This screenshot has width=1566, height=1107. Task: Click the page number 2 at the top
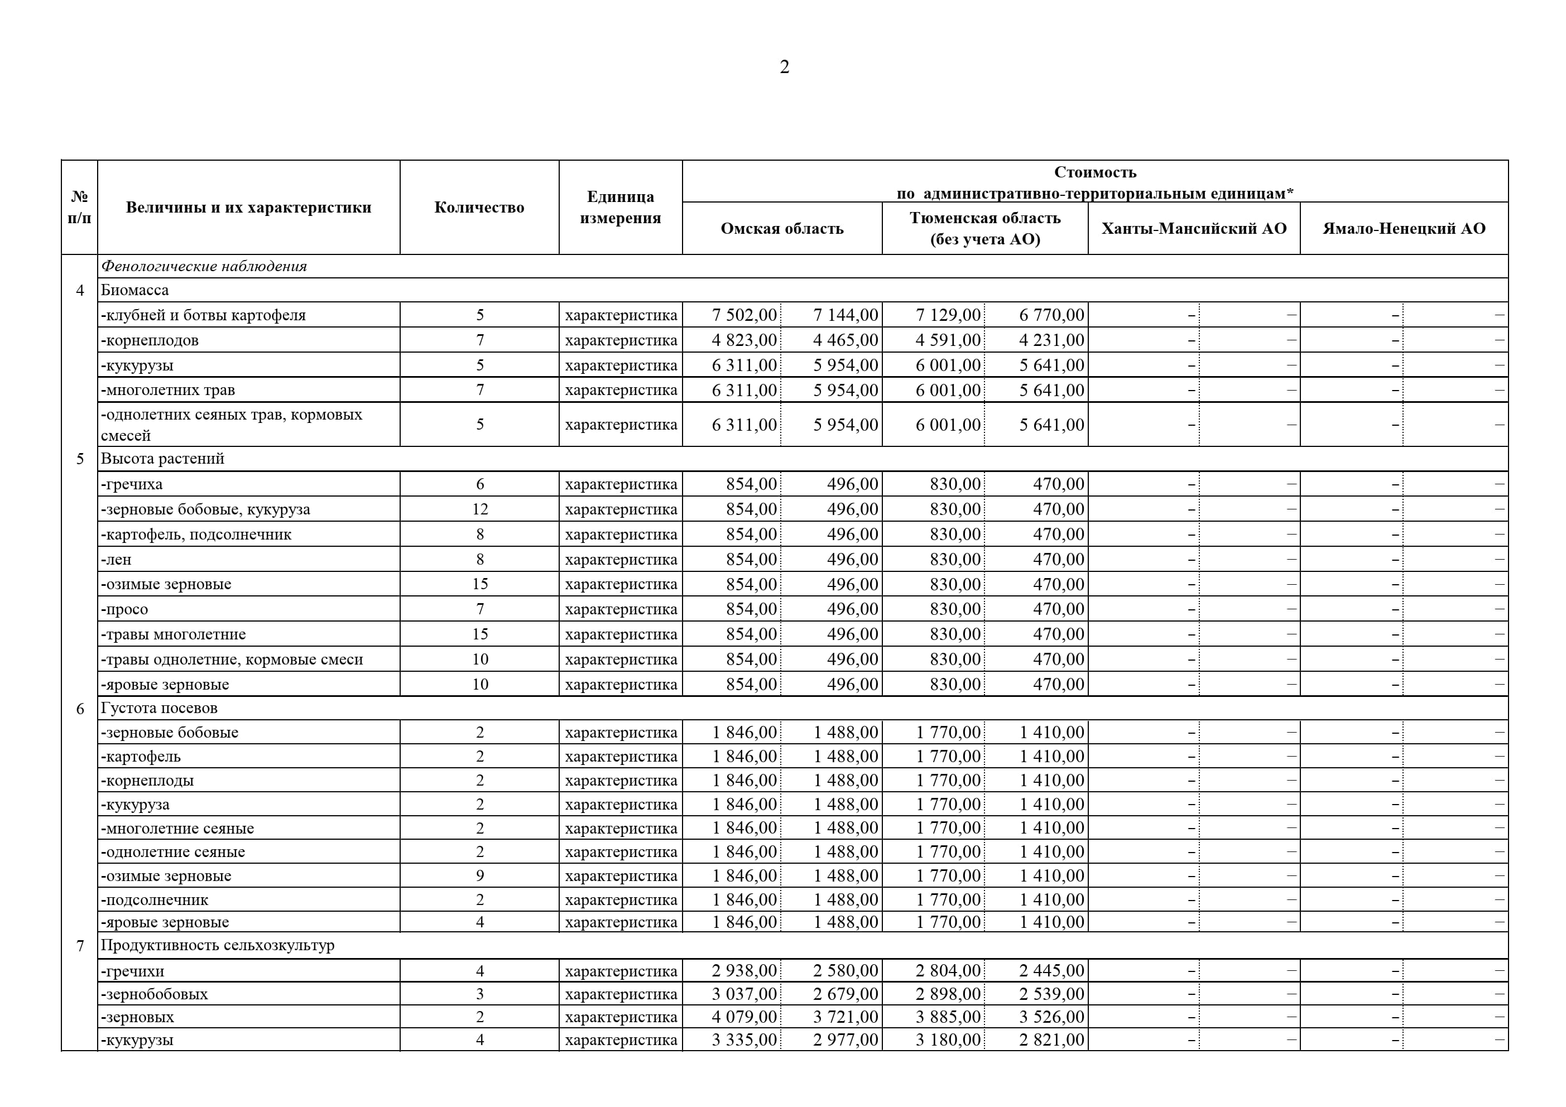(x=784, y=67)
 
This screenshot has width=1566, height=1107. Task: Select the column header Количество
(x=479, y=208)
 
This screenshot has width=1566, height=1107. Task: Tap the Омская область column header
(x=782, y=229)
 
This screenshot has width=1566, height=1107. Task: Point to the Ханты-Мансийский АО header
(x=1194, y=229)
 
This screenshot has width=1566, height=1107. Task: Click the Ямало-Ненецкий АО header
(x=1404, y=229)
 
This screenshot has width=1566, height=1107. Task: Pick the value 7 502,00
(x=744, y=315)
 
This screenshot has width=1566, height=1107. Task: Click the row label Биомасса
(x=134, y=290)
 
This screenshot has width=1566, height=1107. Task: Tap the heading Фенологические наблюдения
(x=203, y=266)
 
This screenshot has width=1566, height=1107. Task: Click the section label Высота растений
(x=162, y=458)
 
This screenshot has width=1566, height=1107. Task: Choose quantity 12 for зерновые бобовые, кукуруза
(x=479, y=509)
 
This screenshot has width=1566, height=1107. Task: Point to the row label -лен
(x=116, y=559)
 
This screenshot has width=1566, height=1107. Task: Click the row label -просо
(x=124, y=609)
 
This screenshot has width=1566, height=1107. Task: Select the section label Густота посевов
(x=159, y=708)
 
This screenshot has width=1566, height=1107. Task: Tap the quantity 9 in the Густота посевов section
(x=479, y=876)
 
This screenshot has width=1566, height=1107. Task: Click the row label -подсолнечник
(x=154, y=899)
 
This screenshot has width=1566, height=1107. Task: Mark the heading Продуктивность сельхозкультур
(x=218, y=945)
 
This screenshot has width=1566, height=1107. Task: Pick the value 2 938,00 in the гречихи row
(x=744, y=971)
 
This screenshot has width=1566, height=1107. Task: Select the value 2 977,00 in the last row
(x=845, y=1040)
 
